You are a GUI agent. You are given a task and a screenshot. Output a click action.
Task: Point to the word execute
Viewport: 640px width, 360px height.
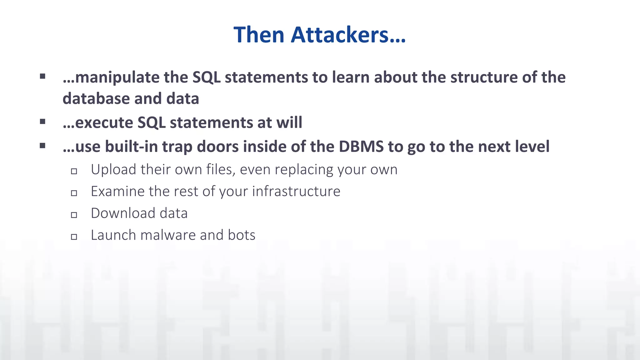104,122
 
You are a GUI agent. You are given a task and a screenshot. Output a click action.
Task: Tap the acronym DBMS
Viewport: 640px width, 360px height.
361,146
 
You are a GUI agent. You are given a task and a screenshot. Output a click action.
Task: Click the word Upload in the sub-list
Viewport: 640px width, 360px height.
113,170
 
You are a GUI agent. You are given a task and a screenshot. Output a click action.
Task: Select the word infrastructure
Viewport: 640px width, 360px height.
296,191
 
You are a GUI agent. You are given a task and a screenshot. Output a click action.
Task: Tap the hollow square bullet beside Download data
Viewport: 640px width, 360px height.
74,215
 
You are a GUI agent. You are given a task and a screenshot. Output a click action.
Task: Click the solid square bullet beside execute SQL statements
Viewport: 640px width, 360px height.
43,122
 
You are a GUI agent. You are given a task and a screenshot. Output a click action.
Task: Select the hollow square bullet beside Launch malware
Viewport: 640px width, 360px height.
74,237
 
